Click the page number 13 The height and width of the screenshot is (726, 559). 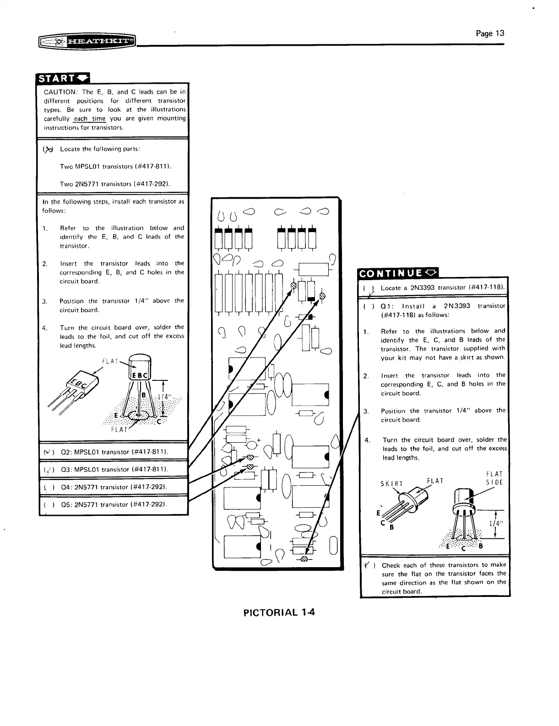[490, 33]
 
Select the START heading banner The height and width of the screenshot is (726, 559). [63, 78]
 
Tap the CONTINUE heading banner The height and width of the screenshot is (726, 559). [398, 274]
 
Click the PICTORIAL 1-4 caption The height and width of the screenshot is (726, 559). [279, 612]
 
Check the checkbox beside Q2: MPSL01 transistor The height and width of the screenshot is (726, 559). [47, 452]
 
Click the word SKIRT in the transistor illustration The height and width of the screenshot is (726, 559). [392, 484]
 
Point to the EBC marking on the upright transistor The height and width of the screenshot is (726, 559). [139, 376]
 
